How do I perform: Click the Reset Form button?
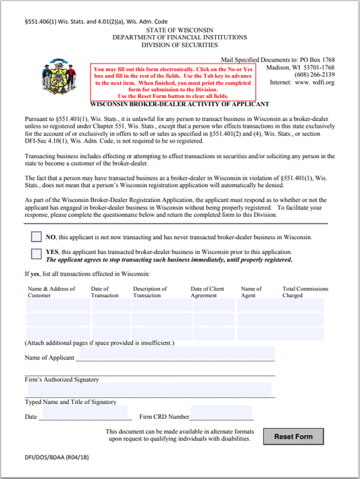pos(293,436)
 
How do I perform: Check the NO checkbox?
pos(36,237)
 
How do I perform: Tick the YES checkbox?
pos(36,254)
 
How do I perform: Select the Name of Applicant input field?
pos(176,353)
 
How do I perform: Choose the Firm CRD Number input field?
pos(221,413)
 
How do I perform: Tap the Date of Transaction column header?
pos(105,292)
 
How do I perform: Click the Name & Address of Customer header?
pos(52,292)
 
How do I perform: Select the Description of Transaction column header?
pos(150,292)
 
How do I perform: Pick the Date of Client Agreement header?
pos(207,292)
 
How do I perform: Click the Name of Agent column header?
pos(251,292)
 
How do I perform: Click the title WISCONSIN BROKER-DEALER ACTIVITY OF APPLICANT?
pos(180,104)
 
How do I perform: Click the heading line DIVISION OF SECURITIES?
pos(180,45)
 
